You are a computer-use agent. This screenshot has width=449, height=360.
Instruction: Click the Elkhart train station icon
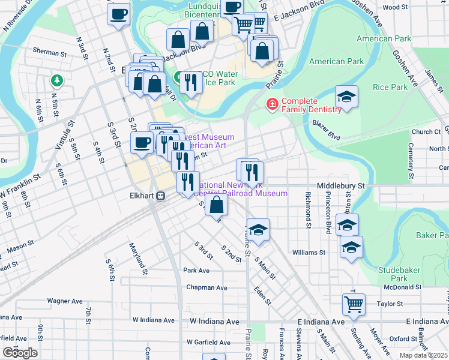[160, 196]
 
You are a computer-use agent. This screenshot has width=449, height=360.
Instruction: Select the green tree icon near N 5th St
[57, 80]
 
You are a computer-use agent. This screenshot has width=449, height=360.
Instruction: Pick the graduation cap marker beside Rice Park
[346, 97]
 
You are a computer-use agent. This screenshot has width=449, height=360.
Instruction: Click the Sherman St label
[49, 53]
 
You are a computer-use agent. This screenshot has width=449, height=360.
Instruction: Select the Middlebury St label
[341, 187]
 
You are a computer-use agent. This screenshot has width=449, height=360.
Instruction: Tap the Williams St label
[309, 253]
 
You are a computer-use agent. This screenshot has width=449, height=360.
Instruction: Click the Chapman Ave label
[206, 287]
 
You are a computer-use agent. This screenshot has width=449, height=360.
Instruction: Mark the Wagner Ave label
[65, 301]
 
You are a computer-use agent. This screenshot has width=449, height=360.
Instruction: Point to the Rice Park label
[390, 87]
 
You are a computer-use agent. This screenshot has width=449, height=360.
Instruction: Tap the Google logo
[19, 353]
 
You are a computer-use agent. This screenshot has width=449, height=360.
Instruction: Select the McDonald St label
[402, 287]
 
